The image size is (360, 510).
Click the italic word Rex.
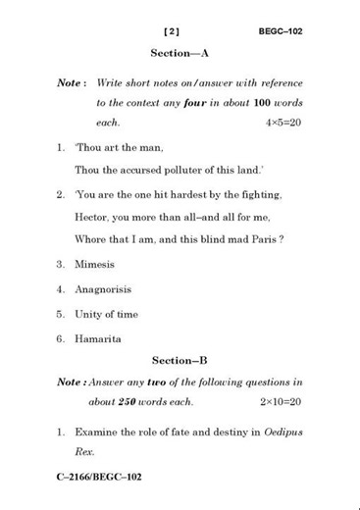pos(85,452)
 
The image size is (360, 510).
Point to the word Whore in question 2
pos(93,240)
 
